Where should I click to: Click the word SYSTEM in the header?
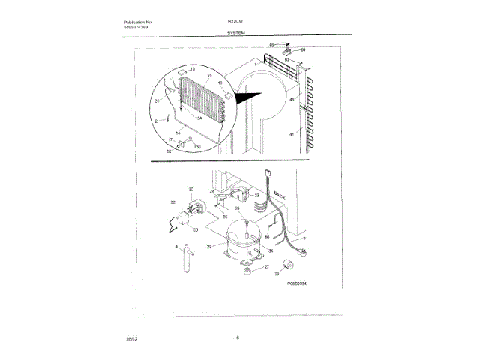pyautogui.click(x=238, y=34)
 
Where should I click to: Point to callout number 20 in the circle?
pyautogui.click(x=157, y=100)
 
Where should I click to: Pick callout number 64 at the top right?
pyautogui.click(x=303, y=51)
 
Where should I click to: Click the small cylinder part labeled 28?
pyautogui.click(x=286, y=263)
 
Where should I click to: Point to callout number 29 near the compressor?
pyautogui.click(x=210, y=245)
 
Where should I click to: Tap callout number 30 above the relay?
pyautogui.click(x=190, y=190)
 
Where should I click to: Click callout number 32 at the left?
pyautogui.click(x=172, y=202)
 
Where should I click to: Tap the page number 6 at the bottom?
pyautogui.click(x=237, y=338)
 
